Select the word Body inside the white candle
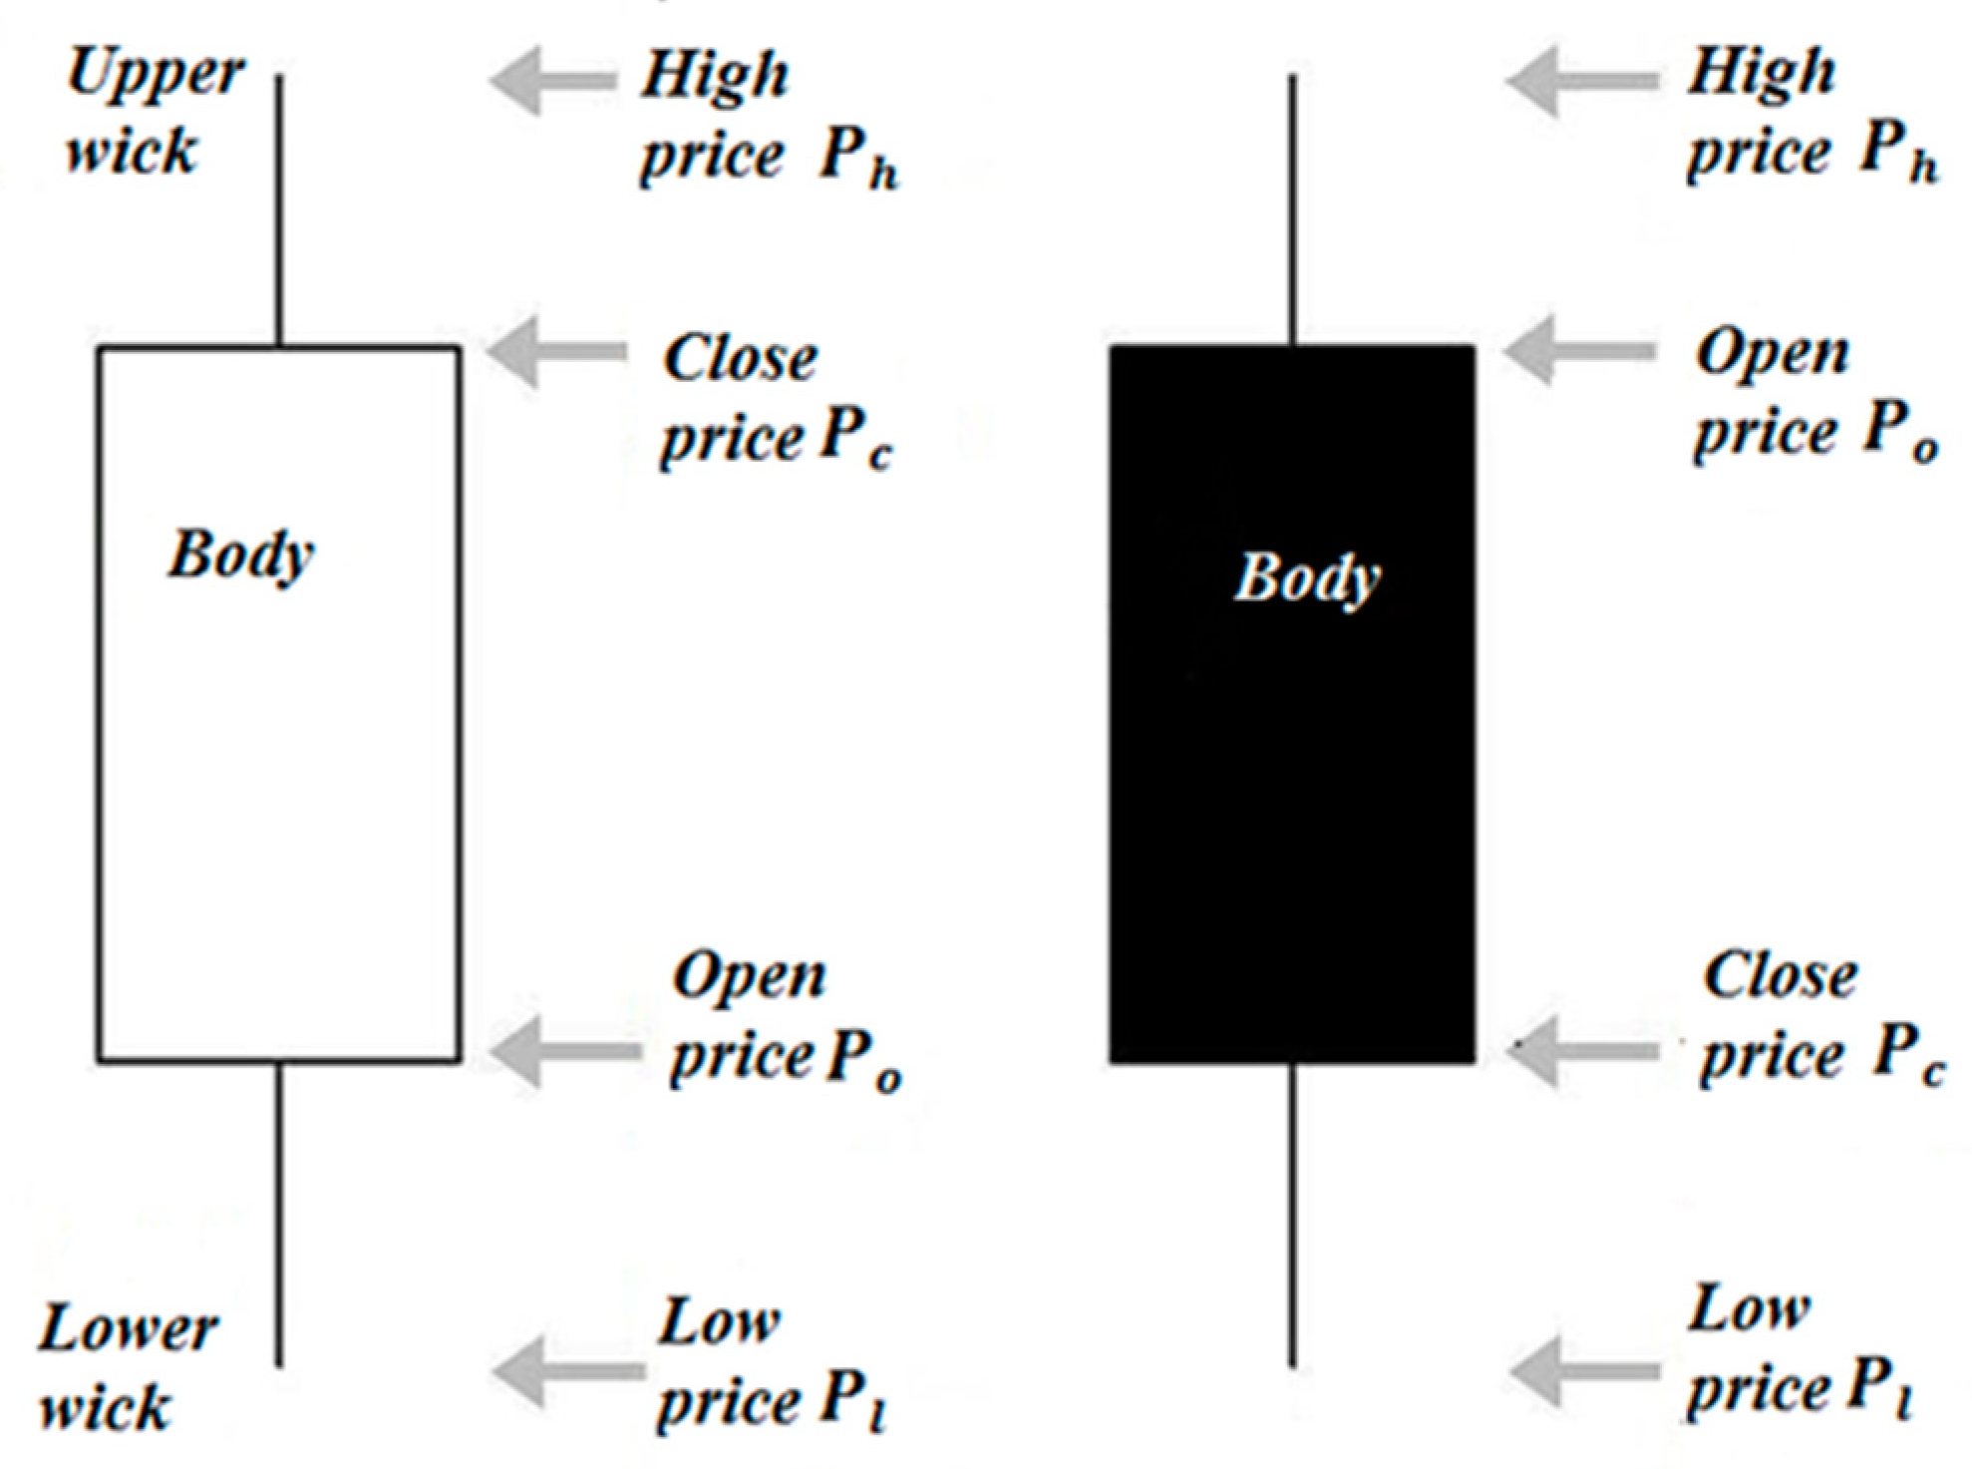pos(240,555)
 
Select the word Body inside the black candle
pos(1307,578)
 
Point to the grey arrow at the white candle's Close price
pos(555,351)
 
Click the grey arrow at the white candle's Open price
pos(563,1051)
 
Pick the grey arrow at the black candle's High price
pos(1580,81)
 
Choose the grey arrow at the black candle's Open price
pos(1577,350)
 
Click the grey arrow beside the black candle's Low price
pos(1583,1371)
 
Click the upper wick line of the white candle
pos(279,209)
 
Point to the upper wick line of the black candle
pos(1292,209)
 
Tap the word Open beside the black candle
pos(1772,355)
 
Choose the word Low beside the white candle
pos(718,1324)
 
